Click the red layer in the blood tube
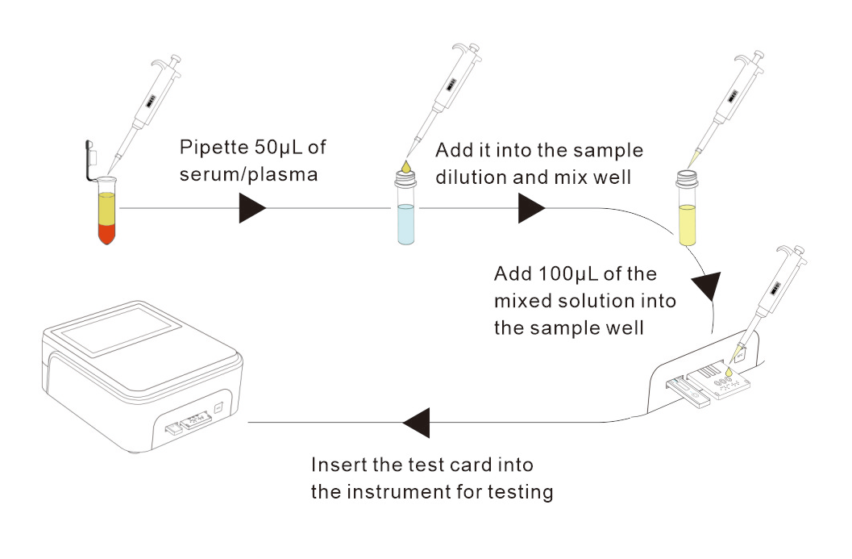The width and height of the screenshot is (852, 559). (x=107, y=234)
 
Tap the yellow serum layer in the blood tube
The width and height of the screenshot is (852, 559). (x=107, y=209)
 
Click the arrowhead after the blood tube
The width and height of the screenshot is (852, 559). (x=252, y=208)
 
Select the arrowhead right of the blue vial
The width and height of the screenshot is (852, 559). (x=531, y=208)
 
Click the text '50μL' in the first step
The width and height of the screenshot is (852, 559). (x=277, y=148)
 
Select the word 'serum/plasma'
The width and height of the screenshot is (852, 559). (x=248, y=174)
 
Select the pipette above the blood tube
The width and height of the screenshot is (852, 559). (x=144, y=112)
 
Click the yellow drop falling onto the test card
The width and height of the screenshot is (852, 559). (x=729, y=372)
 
